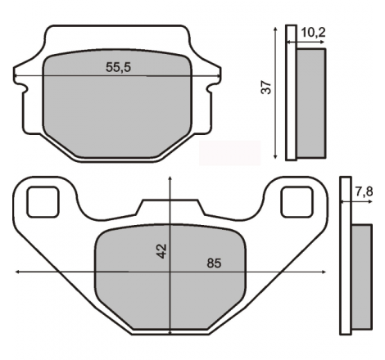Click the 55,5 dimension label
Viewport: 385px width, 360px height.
(118, 67)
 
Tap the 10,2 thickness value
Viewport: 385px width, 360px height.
(313, 33)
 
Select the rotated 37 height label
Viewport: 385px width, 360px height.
(266, 88)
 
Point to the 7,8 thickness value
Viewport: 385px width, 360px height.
(364, 191)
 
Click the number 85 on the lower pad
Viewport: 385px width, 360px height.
(214, 263)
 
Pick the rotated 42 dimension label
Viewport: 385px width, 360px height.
(161, 251)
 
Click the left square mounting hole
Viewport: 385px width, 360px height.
(43, 202)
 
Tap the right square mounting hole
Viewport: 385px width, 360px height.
(297, 202)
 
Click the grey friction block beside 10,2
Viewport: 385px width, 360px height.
(311, 103)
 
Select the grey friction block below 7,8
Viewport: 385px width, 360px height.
(361, 277)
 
